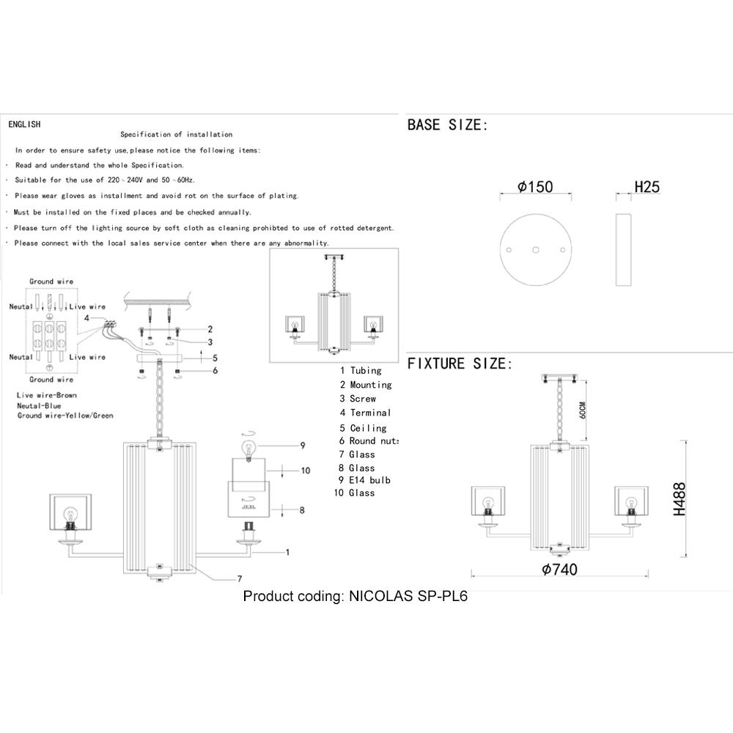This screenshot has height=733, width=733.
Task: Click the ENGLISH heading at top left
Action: click(24, 125)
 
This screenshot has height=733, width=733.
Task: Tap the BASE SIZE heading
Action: click(447, 125)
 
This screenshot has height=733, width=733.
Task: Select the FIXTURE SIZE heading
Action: click(460, 364)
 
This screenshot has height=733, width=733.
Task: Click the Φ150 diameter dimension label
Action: click(535, 186)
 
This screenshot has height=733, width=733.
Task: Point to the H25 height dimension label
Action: click(647, 186)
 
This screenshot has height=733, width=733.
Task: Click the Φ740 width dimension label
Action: click(559, 570)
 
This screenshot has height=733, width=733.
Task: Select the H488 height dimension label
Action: click(679, 498)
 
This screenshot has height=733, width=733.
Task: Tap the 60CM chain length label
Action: click(582, 410)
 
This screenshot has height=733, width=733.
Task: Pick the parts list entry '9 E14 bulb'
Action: click(364, 480)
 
